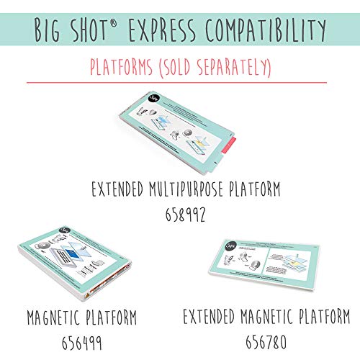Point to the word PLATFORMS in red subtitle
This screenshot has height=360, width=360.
125,69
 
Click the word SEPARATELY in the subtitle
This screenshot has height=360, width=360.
229,69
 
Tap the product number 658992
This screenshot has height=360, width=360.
179,213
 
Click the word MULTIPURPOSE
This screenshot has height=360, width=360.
189,190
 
